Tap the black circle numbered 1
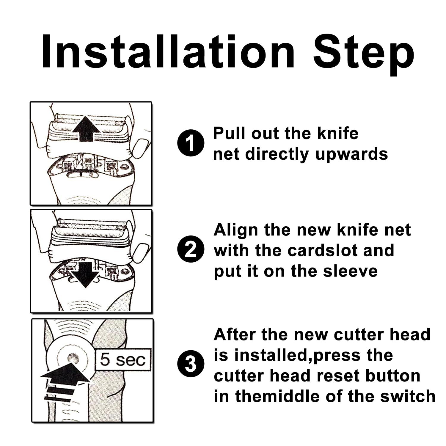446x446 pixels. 191,144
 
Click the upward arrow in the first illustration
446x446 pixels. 86,130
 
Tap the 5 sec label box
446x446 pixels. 123,360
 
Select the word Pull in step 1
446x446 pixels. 230,133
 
